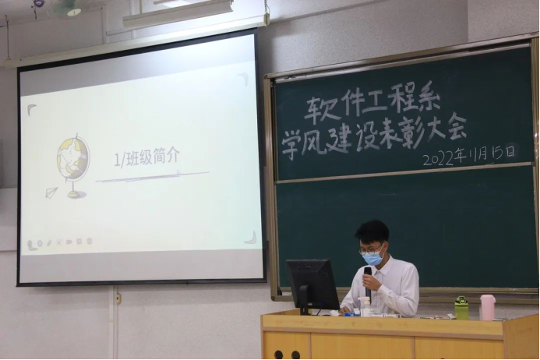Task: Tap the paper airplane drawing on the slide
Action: [x=51, y=192]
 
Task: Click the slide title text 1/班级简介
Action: [x=147, y=157]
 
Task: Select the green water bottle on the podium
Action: [x=461, y=308]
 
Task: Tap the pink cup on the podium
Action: [x=487, y=307]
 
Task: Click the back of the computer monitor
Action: [x=312, y=284]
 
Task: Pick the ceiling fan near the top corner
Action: [x=64, y=8]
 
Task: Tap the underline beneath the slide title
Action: [x=152, y=176]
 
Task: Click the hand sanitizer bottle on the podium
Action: [x=365, y=305]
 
